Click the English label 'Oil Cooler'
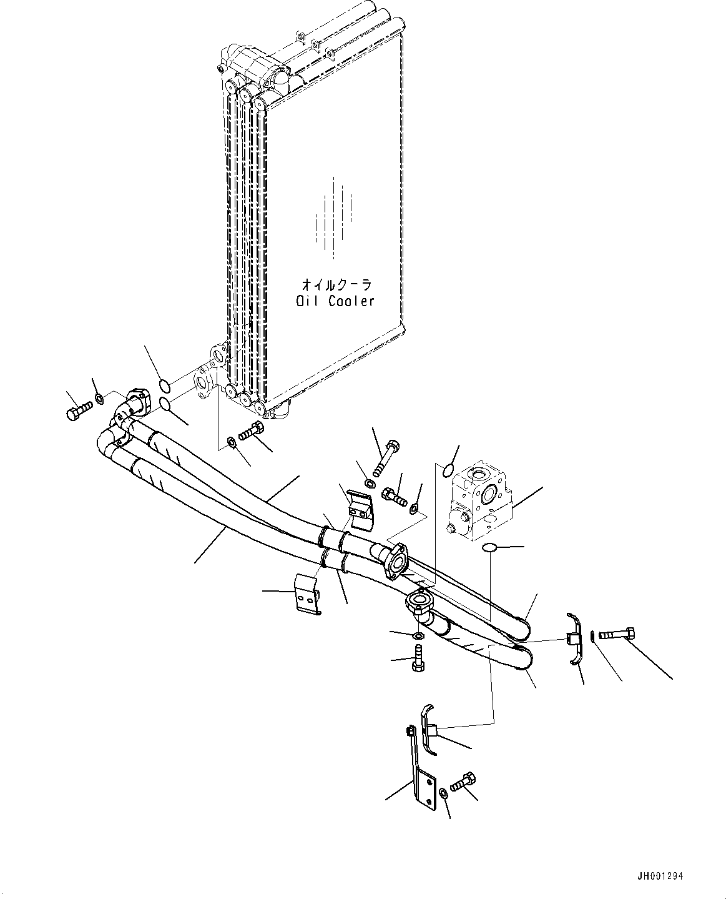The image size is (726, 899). point(335,301)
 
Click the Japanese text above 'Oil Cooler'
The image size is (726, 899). point(336,285)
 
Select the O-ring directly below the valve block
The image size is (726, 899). point(491,548)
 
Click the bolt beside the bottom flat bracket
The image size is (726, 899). point(464,782)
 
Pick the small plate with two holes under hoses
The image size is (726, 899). point(308,598)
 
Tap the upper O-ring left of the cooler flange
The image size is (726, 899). point(164,384)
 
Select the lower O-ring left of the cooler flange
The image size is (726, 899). point(165,405)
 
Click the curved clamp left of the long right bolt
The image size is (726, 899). point(575,638)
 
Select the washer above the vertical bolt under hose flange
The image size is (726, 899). point(419,636)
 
